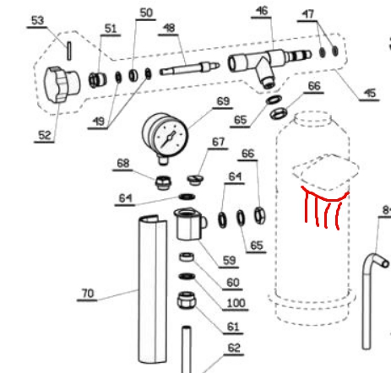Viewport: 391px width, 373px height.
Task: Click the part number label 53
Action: click(x=38, y=20)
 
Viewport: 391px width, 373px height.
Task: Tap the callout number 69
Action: click(x=223, y=101)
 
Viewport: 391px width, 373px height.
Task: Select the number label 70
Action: click(x=88, y=294)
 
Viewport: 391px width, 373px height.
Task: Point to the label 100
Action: click(x=236, y=303)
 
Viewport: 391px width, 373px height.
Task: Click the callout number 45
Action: click(x=370, y=93)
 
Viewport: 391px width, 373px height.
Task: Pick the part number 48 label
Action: click(x=169, y=28)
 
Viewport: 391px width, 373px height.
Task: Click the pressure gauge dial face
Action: click(x=170, y=138)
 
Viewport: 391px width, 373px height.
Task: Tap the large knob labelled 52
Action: click(x=62, y=84)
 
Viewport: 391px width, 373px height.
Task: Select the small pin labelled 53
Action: click(x=69, y=51)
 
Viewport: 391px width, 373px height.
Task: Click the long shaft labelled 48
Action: click(x=189, y=68)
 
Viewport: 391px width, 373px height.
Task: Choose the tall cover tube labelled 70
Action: click(x=153, y=289)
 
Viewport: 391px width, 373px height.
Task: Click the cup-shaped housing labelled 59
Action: click(x=190, y=224)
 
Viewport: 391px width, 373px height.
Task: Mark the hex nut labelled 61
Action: click(x=187, y=300)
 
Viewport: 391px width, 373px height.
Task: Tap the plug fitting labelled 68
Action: click(x=164, y=182)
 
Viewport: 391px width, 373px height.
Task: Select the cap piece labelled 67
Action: click(x=196, y=179)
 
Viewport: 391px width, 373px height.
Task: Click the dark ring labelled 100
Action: click(x=187, y=277)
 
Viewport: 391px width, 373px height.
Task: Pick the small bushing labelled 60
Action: click(x=187, y=257)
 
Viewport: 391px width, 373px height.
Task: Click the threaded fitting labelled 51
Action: click(x=97, y=79)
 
